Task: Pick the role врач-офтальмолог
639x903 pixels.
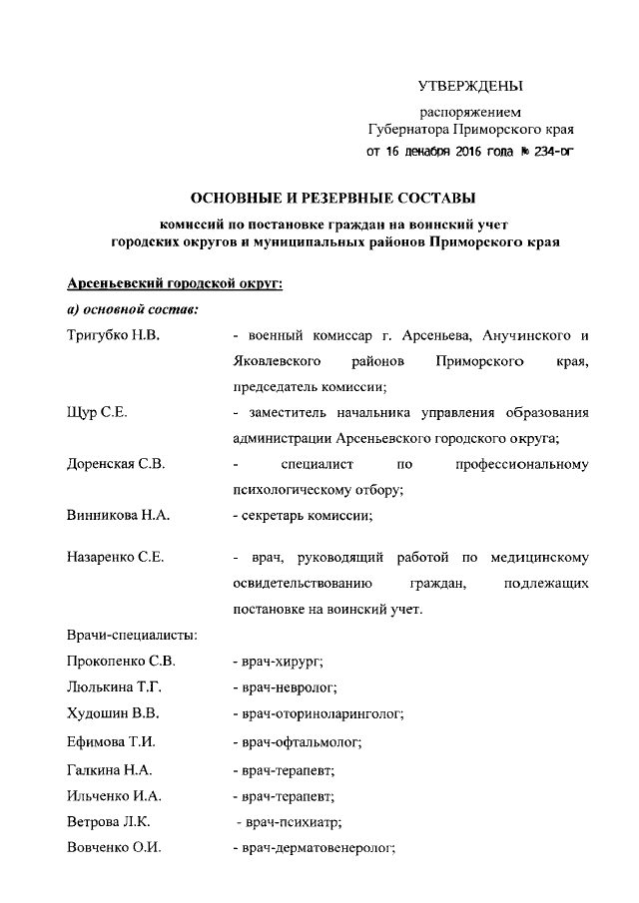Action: [x=300, y=742]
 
